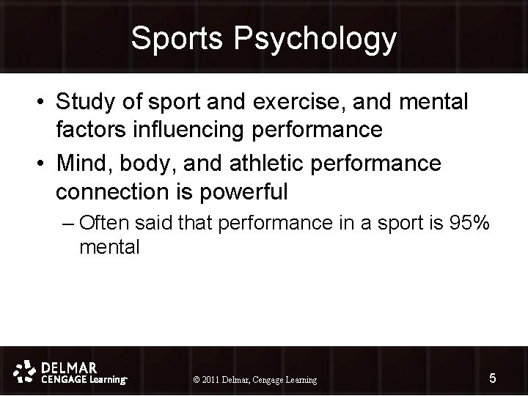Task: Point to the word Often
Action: [x=103, y=222]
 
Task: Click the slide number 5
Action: [x=492, y=378]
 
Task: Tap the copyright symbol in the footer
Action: [x=196, y=380]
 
